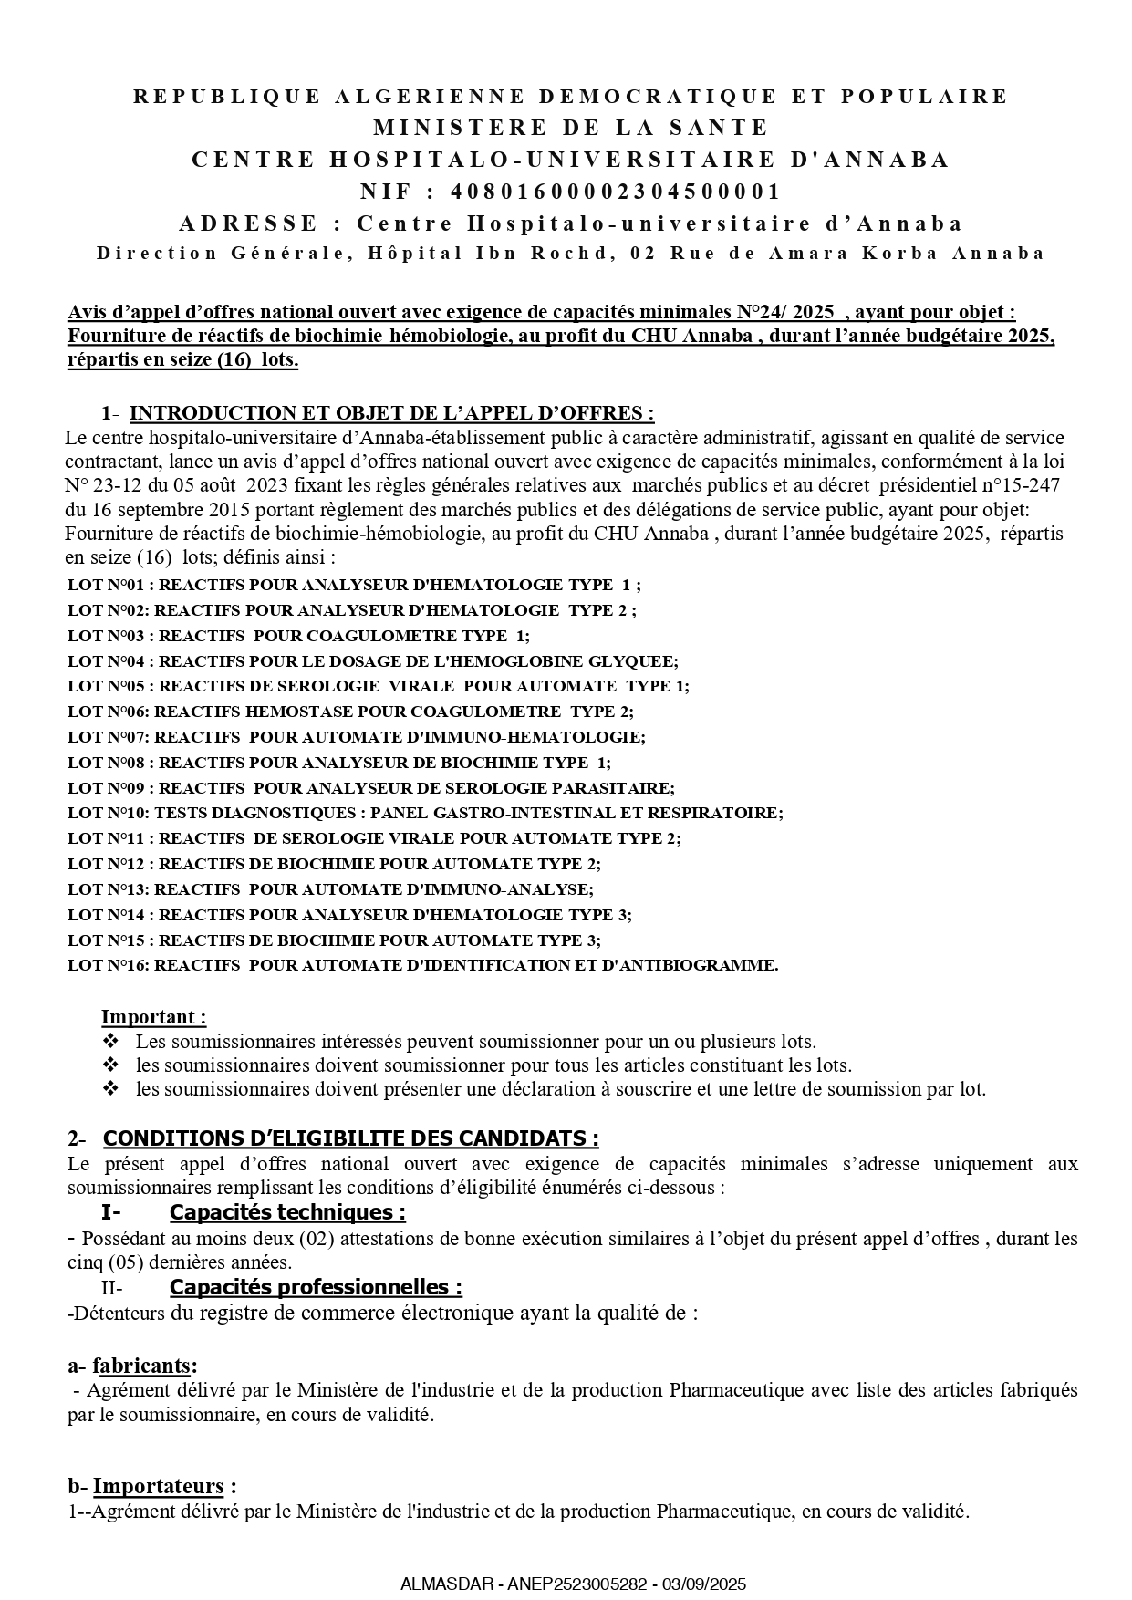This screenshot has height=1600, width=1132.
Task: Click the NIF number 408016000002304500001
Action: pyautogui.click(x=616, y=192)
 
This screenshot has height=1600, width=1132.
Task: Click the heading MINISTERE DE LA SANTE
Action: pyautogui.click(x=571, y=128)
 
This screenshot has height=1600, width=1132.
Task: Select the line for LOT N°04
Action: pyautogui.click(x=373, y=661)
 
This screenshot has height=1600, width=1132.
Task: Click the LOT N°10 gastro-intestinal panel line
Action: pyautogui.click(x=425, y=813)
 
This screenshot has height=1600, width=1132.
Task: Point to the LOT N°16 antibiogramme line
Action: pyautogui.click(x=423, y=965)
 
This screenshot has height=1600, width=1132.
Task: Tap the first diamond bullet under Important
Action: pyautogui.click(x=110, y=1041)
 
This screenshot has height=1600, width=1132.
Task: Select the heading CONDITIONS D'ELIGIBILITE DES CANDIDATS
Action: pyautogui.click(x=350, y=1138)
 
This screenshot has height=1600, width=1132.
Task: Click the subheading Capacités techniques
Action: pyautogui.click(x=287, y=1212)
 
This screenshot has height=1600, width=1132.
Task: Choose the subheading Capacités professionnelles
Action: pyautogui.click(x=316, y=1287)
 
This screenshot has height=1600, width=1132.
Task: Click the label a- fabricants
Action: pyautogui.click(x=132, y=1366)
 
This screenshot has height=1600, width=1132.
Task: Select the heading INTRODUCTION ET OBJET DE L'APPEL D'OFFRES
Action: pyautogui.click(x=392, y=413)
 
